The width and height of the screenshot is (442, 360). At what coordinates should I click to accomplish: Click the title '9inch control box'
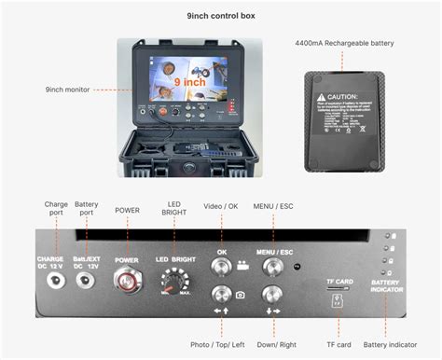221,16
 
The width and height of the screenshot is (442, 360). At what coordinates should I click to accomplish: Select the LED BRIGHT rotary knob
174,282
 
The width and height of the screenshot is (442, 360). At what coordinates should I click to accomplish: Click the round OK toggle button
222,269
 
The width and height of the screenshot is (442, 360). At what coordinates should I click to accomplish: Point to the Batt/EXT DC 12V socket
86,279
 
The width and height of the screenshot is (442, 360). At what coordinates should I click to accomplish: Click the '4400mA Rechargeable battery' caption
345,43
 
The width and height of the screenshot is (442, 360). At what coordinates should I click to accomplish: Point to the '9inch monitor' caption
69,90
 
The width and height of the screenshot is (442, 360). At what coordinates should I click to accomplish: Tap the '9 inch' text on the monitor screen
189,82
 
